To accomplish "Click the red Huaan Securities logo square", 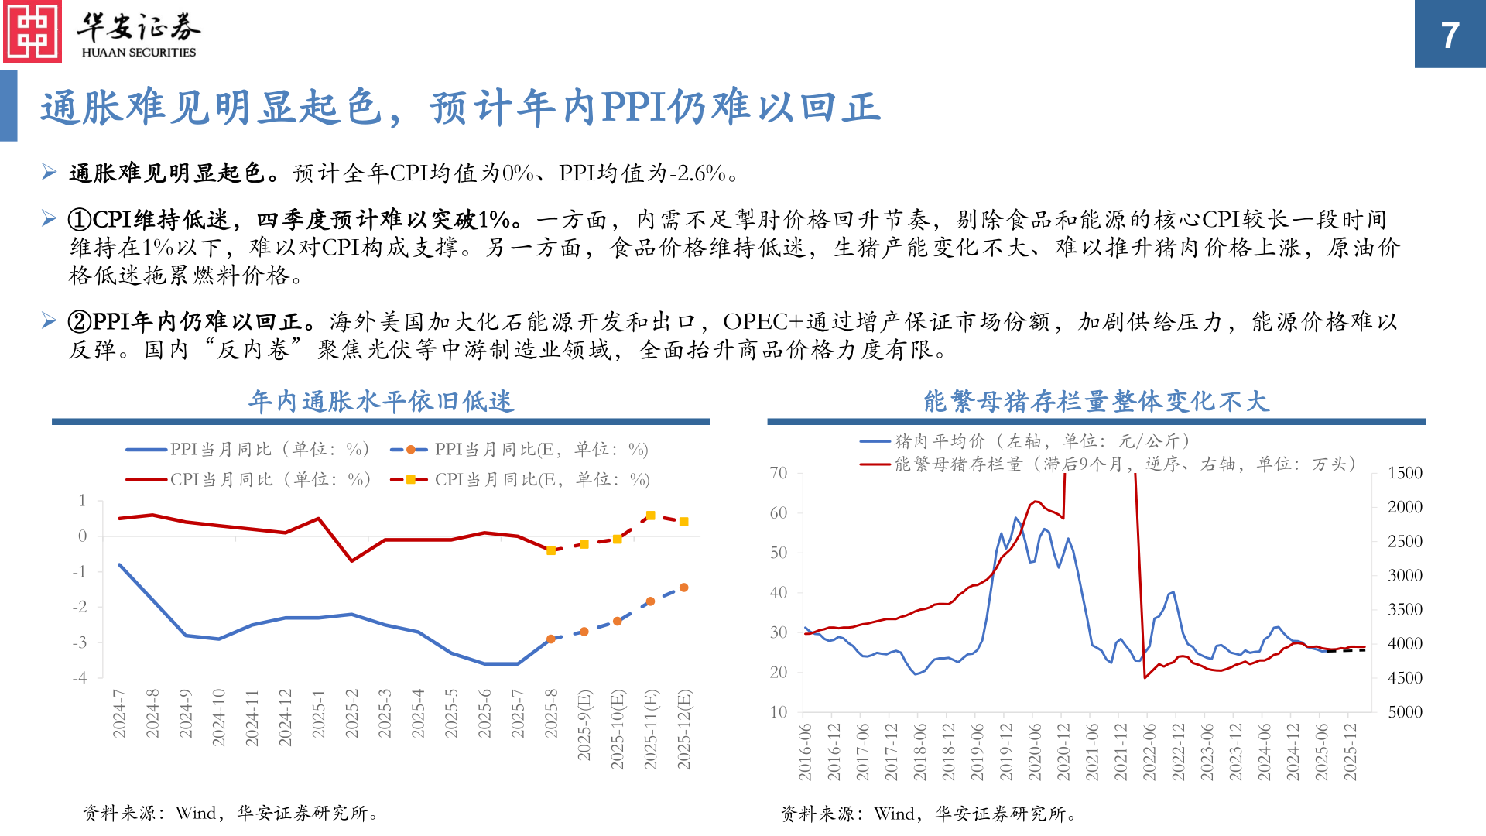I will (x=33, y=33).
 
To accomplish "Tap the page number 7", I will (x=1450, y=36).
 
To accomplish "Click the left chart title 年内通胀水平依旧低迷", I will (x=381, y=402).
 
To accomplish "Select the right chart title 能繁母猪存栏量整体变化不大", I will (x=1096, y=402).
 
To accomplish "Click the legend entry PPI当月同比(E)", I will (x=519, y=450).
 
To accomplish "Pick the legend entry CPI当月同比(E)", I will (x=519, y=480).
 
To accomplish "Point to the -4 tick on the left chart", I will (x=80, y=678).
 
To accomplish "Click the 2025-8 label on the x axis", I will (x=551, y=713).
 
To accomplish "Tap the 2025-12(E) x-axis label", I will (x=684, y=729).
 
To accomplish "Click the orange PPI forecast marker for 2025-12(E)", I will (x=684, y=588).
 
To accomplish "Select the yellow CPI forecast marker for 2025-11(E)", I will (x=651, y=516).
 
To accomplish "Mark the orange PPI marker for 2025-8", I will (x=551, y=639).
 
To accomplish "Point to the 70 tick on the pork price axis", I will (x=779, y=473).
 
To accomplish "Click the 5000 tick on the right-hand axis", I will (x=1405, y=712).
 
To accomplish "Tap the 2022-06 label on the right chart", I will (x=1149, y=752).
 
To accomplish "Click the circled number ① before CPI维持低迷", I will (x=80, y=220).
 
